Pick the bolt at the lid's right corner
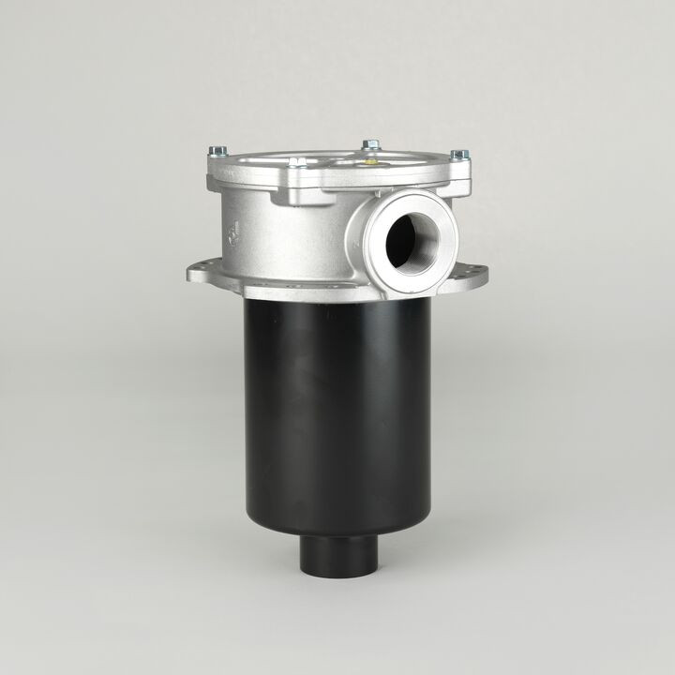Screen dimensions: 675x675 coord(457,155)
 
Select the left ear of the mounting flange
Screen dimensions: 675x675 coord(203,274)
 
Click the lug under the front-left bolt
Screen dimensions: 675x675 coord(298,180)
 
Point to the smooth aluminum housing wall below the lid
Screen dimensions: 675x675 coord(281,244)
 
